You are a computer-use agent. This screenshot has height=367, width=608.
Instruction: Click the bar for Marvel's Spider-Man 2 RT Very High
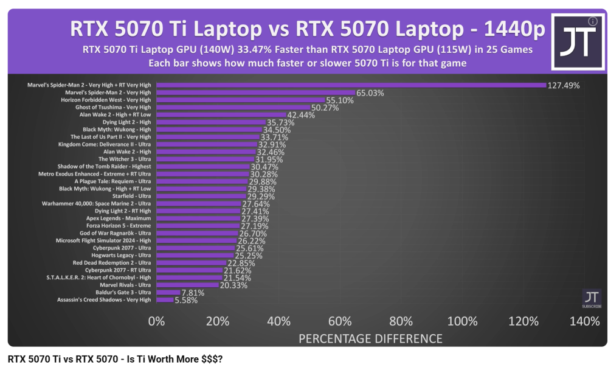[x=351, y=85]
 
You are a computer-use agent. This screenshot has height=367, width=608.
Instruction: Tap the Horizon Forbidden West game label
[x=106, y=100]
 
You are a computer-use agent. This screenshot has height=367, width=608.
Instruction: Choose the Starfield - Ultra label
[x=131, y=196]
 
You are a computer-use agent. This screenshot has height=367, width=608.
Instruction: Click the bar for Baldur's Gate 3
[x=168, y=292]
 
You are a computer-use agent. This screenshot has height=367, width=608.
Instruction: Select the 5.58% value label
[x=185, y=300]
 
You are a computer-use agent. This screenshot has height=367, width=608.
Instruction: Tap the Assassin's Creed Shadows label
[x=103, y=299]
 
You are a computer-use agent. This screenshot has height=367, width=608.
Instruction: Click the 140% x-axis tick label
[x=585, y=321]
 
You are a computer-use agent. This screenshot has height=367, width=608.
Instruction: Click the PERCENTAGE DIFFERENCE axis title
[x=370, y=338]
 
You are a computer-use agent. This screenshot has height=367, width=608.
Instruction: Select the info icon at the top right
[x=593, y=21]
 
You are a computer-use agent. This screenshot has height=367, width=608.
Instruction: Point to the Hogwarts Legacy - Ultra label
[x=122, y=255]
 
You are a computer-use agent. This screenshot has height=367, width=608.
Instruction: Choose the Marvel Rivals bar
[x=187, y=285]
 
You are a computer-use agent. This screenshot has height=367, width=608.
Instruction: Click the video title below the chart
[x=116, y=359]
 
